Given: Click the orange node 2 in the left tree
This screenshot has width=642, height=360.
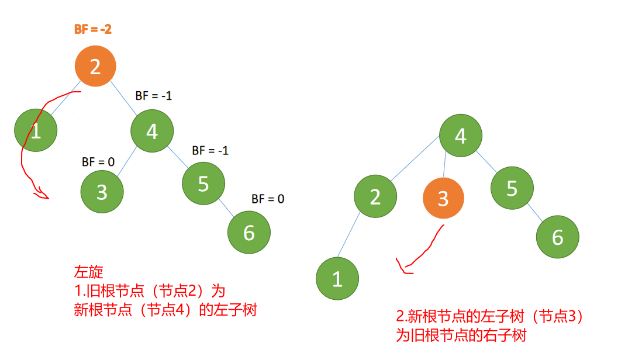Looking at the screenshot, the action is click(x=95, y=67).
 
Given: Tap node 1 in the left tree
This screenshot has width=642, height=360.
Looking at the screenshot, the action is click(x=36, y=131).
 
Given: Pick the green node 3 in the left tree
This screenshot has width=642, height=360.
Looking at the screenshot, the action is click(x=102, y=192).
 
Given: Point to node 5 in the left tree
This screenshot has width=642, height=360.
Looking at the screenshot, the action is click(x=203, y=184).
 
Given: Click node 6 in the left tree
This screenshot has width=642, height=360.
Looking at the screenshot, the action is click(x=249, y=233).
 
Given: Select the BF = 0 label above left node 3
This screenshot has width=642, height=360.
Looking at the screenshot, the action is click(x=98, y=161).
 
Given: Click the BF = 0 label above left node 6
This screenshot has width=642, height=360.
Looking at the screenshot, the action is click(x=268, y=199).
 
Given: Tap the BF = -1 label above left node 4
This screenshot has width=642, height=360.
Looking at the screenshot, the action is click(x=153, y=95).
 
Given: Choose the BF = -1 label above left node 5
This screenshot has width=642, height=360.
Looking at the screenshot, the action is click(x=210, y=151).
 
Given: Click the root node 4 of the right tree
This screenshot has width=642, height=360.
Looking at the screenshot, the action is click(x=461, y=136).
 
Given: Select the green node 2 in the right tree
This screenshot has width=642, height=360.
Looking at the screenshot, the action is click(x=375, y=196).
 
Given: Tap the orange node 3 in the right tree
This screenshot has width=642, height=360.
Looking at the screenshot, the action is click(x=443, y=198).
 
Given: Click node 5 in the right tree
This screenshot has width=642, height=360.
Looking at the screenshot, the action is click(x=512, y=189).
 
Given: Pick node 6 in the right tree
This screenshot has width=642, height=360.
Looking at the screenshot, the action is click(x=558, y=237).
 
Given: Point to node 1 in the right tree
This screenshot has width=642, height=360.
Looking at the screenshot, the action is click(x=337, y=279).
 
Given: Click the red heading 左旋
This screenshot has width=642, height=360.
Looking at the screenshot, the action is click(x=88, y=272).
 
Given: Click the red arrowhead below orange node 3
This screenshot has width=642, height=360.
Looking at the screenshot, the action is click(x=403, y=268).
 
